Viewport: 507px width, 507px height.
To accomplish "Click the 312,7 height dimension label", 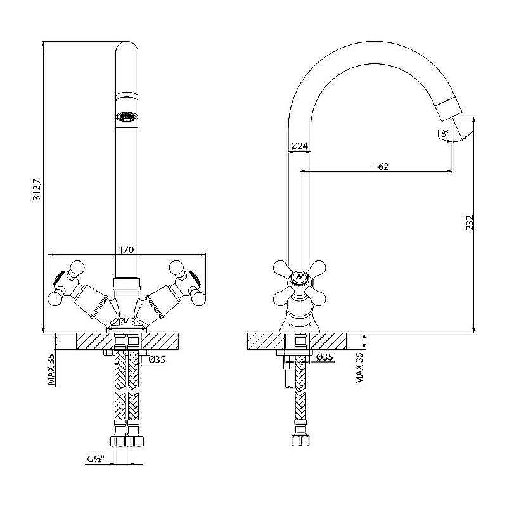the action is (37, 189).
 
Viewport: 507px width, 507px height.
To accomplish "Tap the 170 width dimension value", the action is (126, 250).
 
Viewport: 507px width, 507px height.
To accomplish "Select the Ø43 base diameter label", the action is (127, 321).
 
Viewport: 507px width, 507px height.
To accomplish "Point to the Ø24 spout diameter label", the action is (299, 146).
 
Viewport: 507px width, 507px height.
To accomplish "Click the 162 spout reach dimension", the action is (381, 166).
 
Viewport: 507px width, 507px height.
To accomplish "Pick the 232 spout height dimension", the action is (470, 223).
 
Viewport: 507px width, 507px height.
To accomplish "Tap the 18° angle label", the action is (442, 133).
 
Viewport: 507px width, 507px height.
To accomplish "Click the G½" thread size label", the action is (96, 458).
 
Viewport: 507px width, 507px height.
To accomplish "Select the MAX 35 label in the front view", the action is (51, 369).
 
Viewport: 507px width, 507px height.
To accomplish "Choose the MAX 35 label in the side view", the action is (359, 368).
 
